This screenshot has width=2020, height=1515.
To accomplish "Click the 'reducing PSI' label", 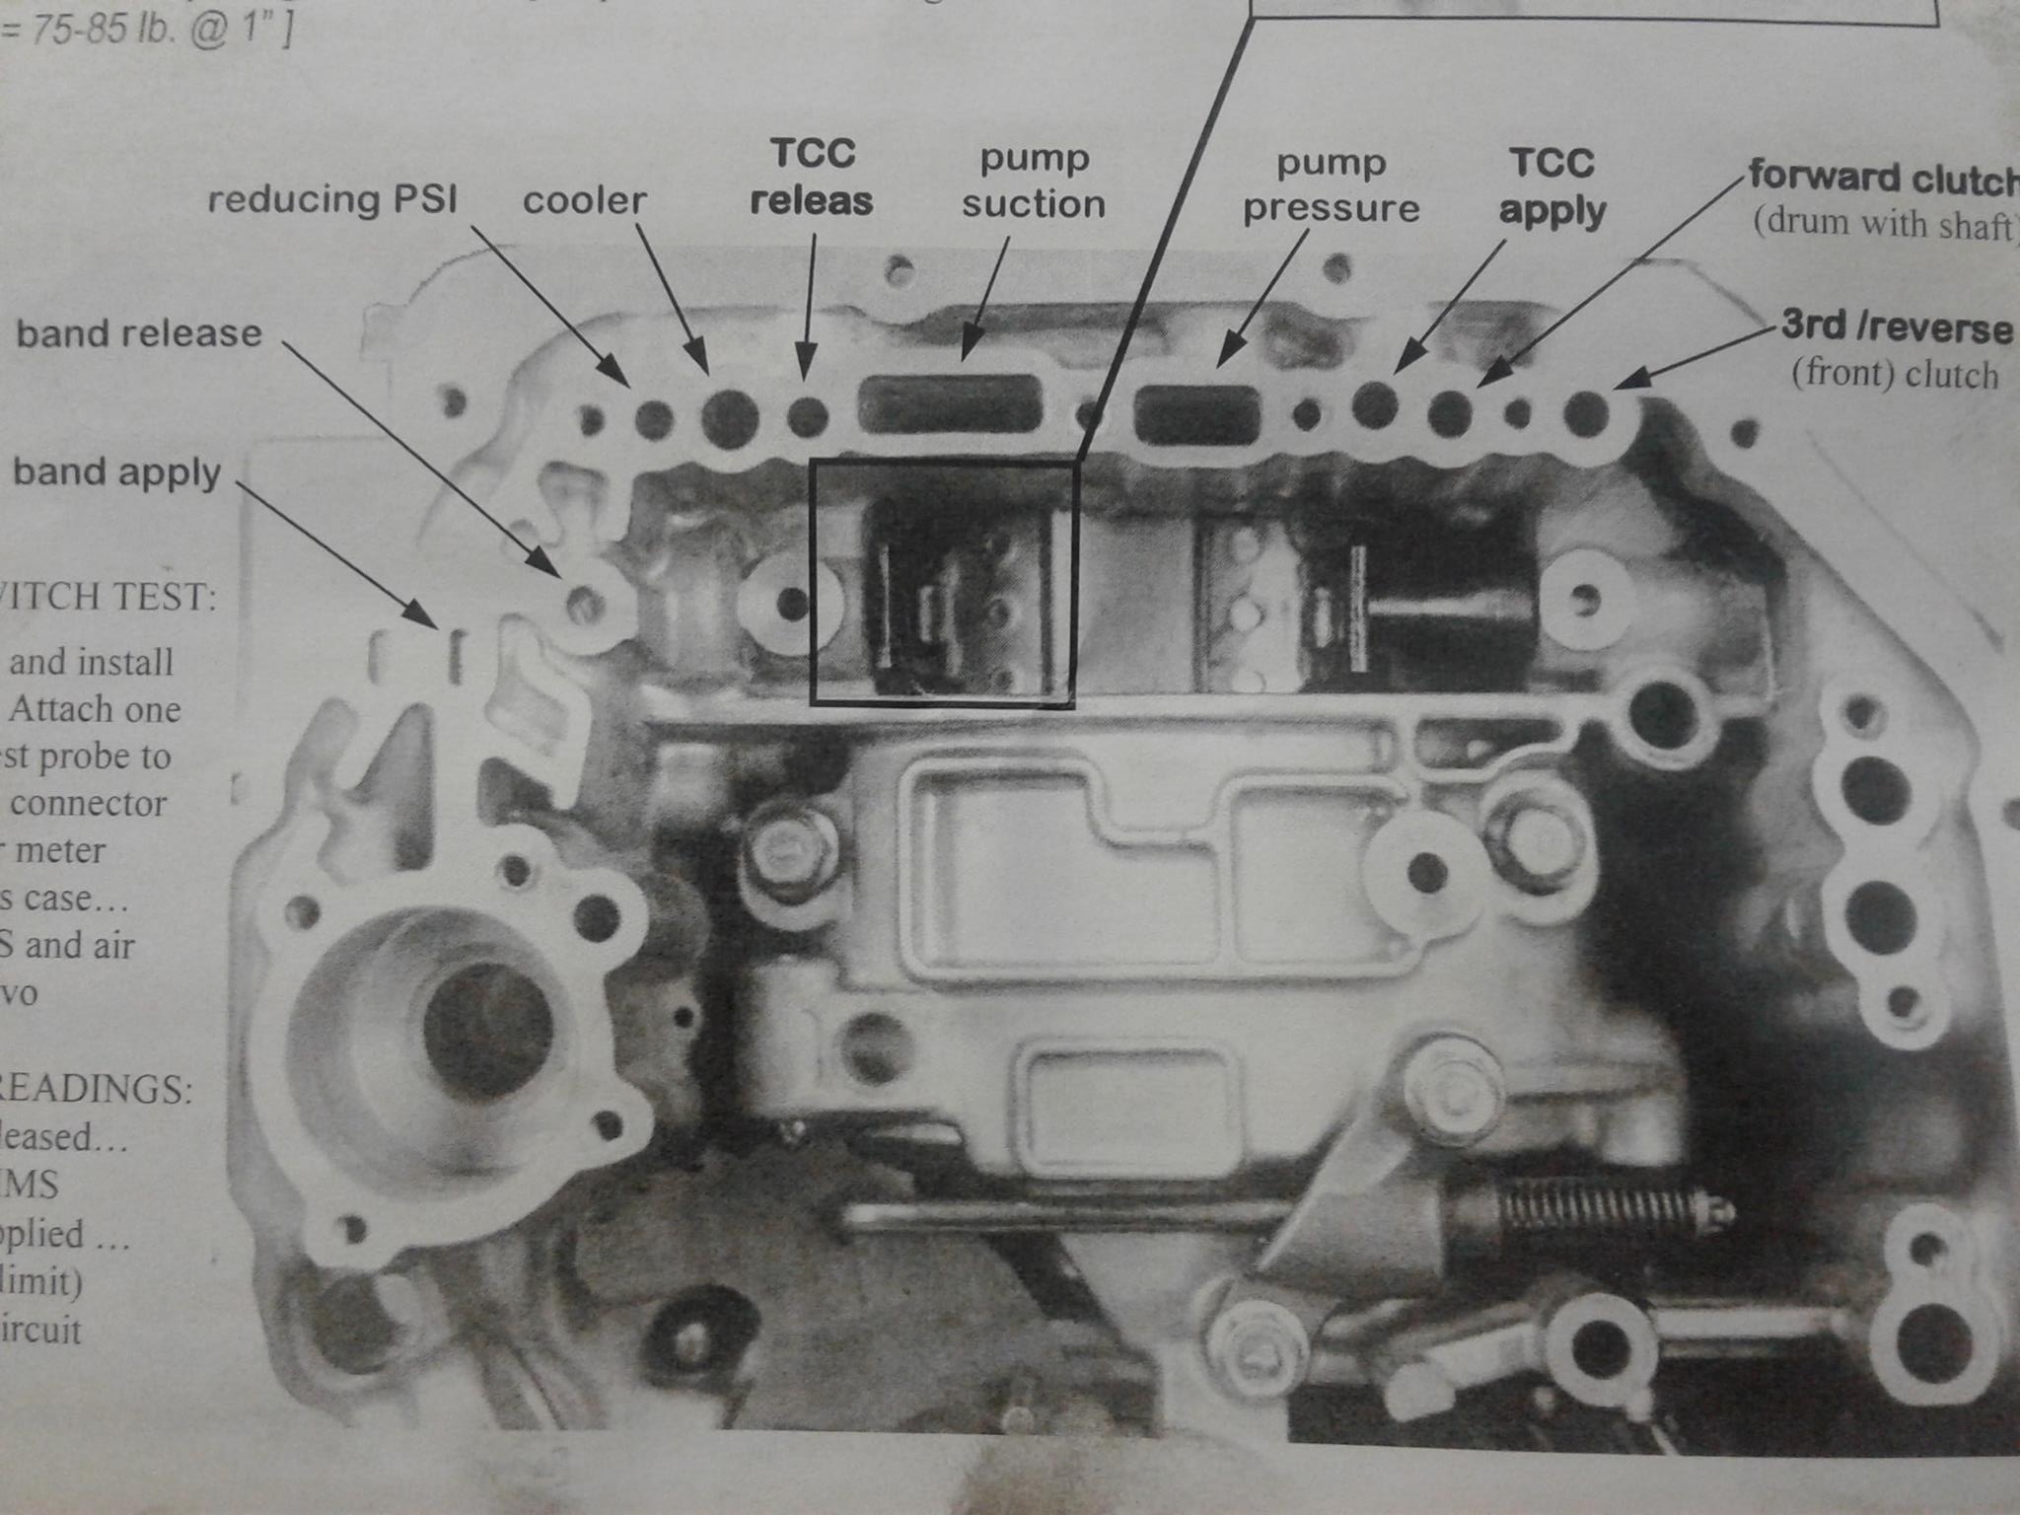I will pos(332,200).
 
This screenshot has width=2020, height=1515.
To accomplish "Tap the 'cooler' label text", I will pos(584,201).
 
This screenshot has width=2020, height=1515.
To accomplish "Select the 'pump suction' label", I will pos(1034,181).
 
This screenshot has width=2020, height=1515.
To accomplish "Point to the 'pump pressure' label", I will pos(1332,185).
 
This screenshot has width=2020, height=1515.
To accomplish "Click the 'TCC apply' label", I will pos(1551,186).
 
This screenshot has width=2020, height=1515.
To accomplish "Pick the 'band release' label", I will pos(139,333).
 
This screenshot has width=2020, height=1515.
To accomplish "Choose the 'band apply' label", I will pos(116,472).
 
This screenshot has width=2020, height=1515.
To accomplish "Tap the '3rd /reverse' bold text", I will pos(1896,327).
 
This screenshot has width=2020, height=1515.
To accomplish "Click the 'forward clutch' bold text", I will pos(1882,178).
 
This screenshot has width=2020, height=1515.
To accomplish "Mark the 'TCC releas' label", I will pos(811,178).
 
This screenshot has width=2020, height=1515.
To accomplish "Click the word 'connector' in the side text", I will pos(89,804).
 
